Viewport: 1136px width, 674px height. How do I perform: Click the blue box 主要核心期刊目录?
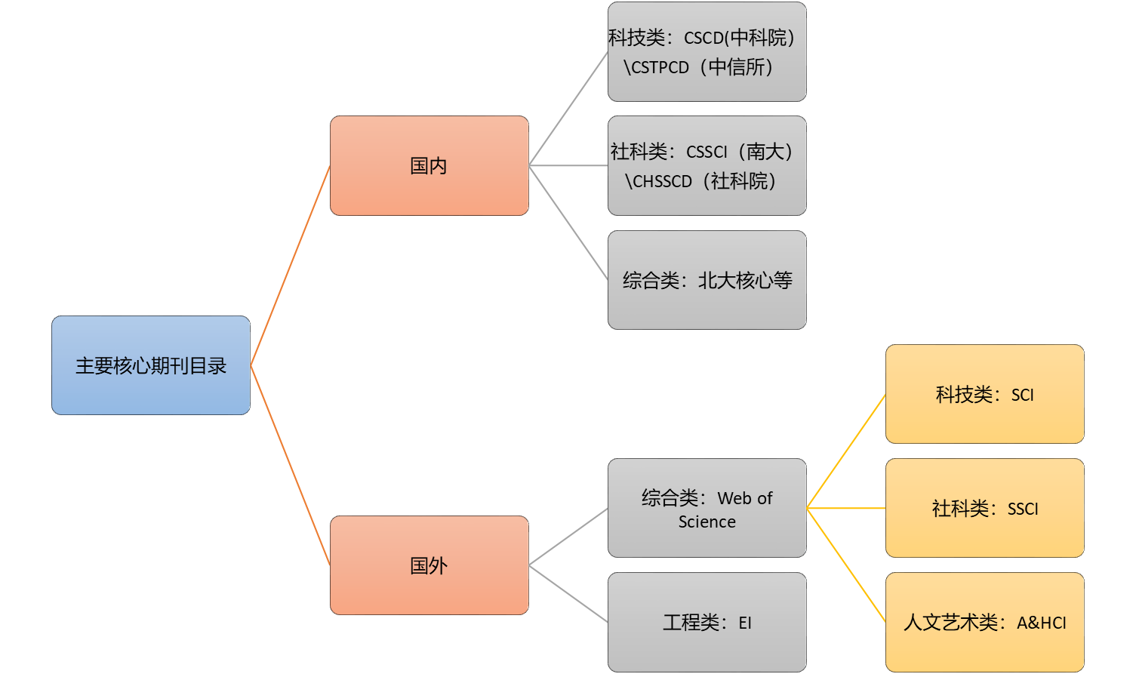coord(151,365)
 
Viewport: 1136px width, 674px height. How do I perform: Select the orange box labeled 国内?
coord(429,165)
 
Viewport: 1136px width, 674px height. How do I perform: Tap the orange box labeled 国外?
coord(429,565)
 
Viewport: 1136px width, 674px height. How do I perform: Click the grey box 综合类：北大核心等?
coord(707,280)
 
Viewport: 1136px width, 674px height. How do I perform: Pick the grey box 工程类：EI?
coord(707,623)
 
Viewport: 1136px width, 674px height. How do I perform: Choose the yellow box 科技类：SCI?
coord(984,394)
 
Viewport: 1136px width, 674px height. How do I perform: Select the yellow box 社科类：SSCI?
coord(984,509)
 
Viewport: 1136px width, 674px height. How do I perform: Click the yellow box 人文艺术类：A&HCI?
coord(984,623)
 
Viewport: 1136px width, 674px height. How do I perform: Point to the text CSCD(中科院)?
coord(739,37)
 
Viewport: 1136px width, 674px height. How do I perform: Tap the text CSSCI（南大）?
coord(740,152)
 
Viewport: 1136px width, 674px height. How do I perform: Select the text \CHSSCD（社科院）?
coord(701,181)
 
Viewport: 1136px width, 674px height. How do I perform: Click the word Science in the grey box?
coord(707,522)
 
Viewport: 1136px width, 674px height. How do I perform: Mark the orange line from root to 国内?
coord(291,265)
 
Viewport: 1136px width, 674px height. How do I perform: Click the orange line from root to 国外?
coord(291,465)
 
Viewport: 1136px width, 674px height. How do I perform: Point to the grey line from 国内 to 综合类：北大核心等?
coord(568,223)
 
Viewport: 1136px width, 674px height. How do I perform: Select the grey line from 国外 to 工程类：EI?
coord(568,594)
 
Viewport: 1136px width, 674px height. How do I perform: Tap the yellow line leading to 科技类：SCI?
coord(846,451)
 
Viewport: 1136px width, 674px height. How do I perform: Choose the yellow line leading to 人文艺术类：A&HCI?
coord(846,565)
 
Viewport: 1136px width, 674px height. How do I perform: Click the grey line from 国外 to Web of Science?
coord(568,537)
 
